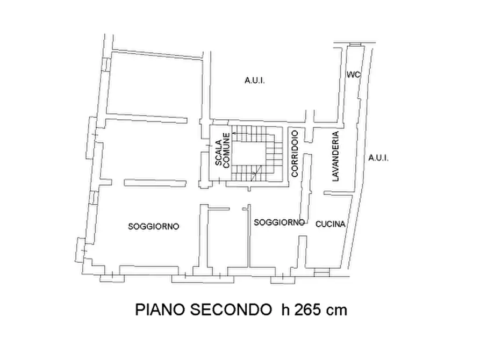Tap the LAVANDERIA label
[x=336, y=156]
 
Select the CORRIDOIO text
[x=295, y=153]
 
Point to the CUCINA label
[x=330, y=225]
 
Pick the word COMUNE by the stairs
[x=227, y=150]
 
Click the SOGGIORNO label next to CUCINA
[x=280, y=222]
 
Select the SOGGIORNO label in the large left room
[x=153, y=226]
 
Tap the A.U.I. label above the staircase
[x=255, y=81]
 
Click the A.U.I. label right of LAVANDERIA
[x=378, y=158]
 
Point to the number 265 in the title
[x=307, y=310]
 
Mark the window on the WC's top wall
[x=354, y=44]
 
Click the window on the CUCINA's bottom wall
[x=320, y=273]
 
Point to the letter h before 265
[x=284, y=310]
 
